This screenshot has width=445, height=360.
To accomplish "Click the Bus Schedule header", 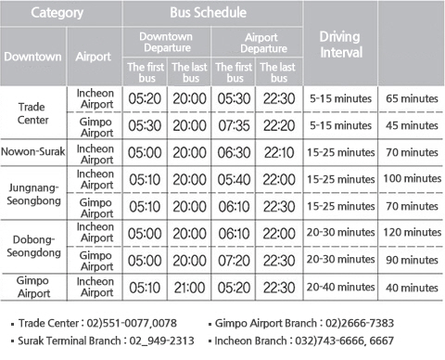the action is pyautogui.click(x=210, y=14).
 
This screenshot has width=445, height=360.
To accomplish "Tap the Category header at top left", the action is pyautogui.click(x=57, y=14).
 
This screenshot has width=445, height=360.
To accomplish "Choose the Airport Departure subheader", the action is pyautogui.click(x=256, y=42).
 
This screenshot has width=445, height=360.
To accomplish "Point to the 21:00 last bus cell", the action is pyautogui.click(x=189, y=288).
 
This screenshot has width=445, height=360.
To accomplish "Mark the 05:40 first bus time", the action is pyautogui.click(x=234, y=177).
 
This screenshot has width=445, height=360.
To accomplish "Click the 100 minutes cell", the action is pyautogui.click(x=412, y=177).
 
